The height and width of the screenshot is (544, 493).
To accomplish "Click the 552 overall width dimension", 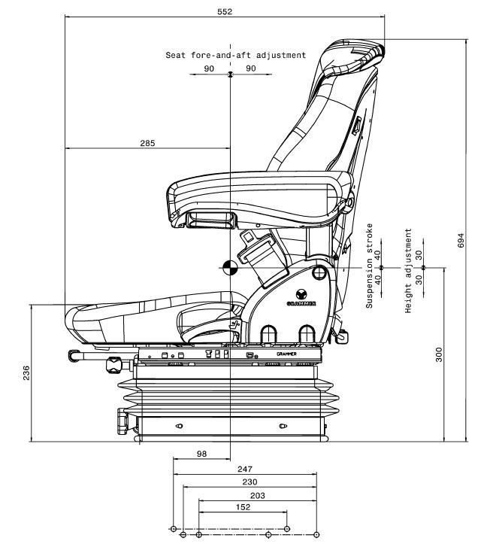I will [x=225, y=11].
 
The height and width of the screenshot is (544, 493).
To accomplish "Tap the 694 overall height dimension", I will [x=461, y=239].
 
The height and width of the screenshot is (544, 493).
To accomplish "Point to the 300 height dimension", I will [x=439, y=354].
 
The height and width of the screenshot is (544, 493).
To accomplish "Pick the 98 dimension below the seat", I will [x=201, y=453].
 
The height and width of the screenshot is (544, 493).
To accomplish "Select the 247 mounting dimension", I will [x=245, y=469].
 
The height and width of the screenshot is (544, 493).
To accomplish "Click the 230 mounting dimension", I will [x=250, y=482].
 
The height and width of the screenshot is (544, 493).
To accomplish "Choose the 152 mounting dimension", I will [x=243, y=507].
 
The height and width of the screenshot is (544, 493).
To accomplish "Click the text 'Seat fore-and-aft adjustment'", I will [x=236, y=55].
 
